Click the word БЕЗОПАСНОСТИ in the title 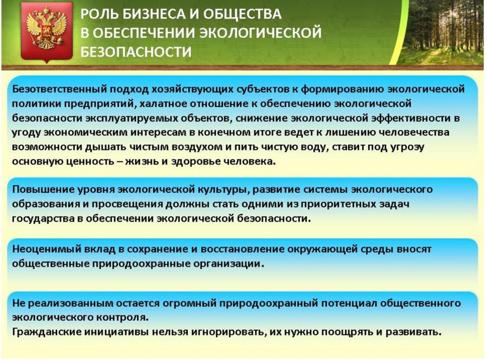point(136,52)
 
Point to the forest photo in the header point(441,32)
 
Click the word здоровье point(196,162)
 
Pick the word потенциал point(348,303)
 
